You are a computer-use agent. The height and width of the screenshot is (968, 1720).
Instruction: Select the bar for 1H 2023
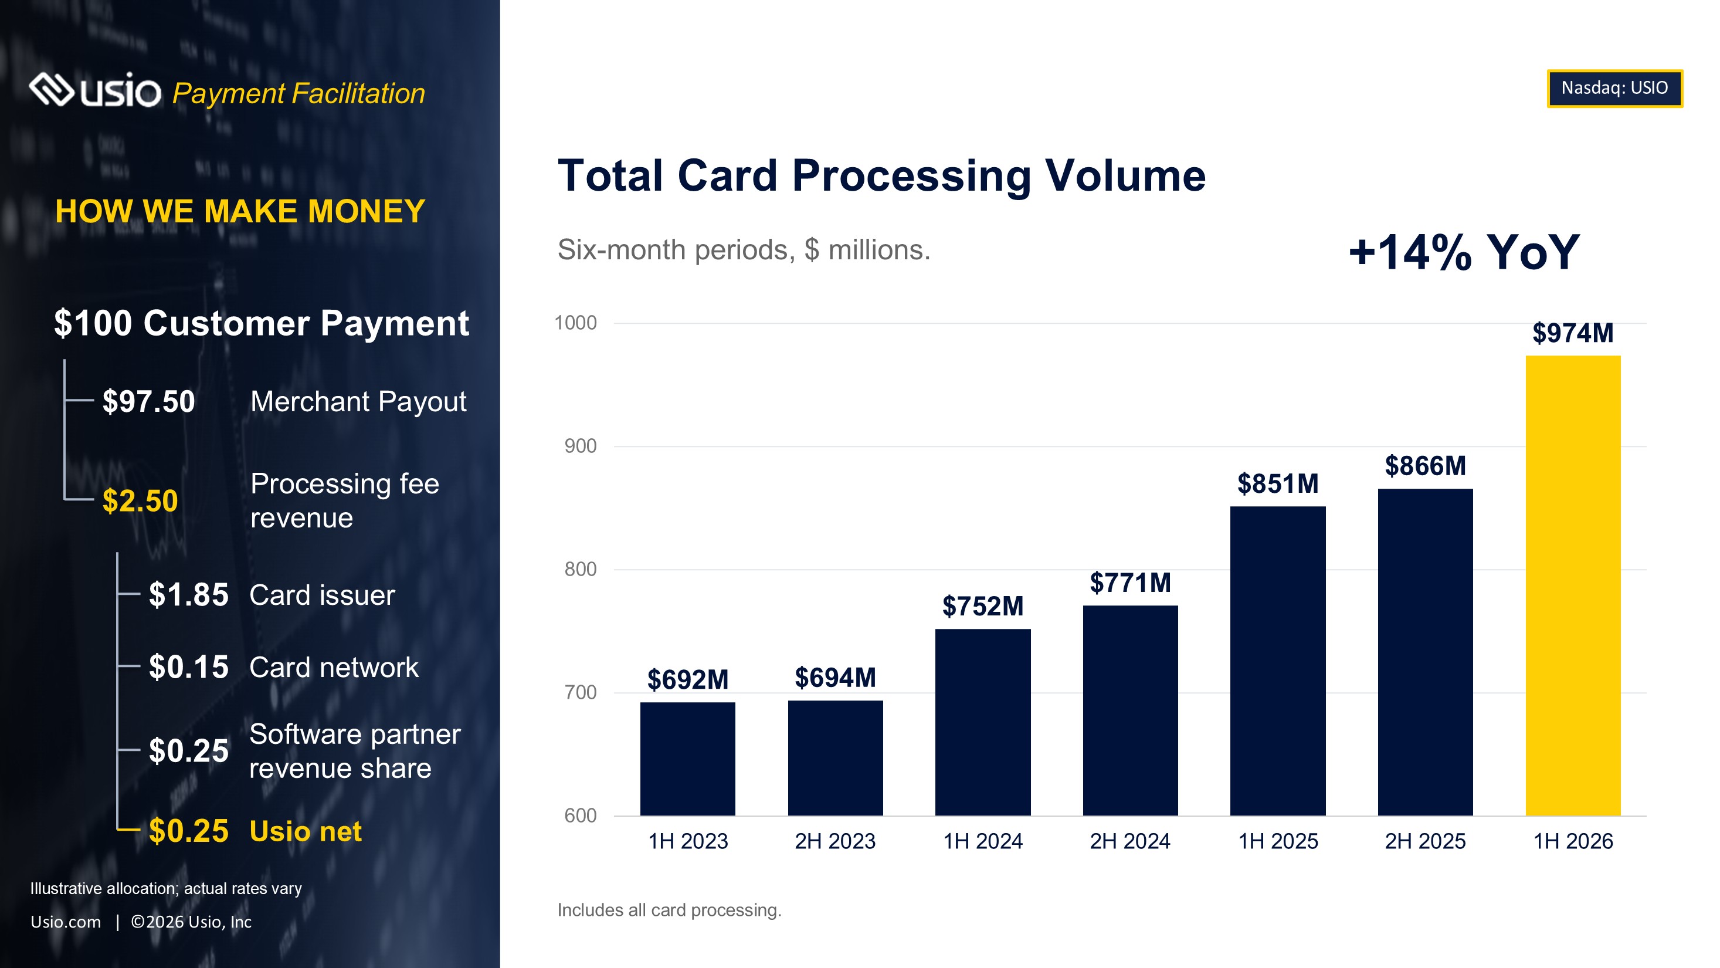coord(688,759)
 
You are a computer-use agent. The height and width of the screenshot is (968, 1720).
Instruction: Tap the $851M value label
coord(1278,483)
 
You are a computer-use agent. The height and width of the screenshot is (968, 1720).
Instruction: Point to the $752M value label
coord(983,607)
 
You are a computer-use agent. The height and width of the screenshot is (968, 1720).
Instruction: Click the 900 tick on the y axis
coord(580,446)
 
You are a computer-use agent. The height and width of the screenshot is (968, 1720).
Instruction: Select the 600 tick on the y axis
coord(580,815)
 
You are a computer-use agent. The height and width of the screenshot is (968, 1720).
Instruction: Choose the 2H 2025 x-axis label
coord(1425,841)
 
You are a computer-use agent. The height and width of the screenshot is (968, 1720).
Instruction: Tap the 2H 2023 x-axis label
coord(834,841)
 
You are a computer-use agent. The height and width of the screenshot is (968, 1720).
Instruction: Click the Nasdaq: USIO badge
coord(1614,88)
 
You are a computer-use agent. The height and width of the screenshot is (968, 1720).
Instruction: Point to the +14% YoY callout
coord(1464,252)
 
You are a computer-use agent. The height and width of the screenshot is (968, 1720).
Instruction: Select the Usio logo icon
coord(52,90)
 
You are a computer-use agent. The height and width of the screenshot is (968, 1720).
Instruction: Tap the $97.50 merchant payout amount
coord(148,401)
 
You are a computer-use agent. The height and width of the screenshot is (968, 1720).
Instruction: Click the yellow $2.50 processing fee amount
coord(140,501)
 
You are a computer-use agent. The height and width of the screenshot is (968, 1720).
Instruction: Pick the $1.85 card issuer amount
coord(188,594)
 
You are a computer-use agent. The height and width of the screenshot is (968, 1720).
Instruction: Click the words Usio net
coord(305,832)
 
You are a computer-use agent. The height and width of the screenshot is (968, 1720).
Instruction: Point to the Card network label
coord(334,668)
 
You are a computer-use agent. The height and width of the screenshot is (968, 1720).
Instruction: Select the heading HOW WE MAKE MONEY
coord(240,212)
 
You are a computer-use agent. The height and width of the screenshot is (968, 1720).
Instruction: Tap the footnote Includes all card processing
coord(669,911)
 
